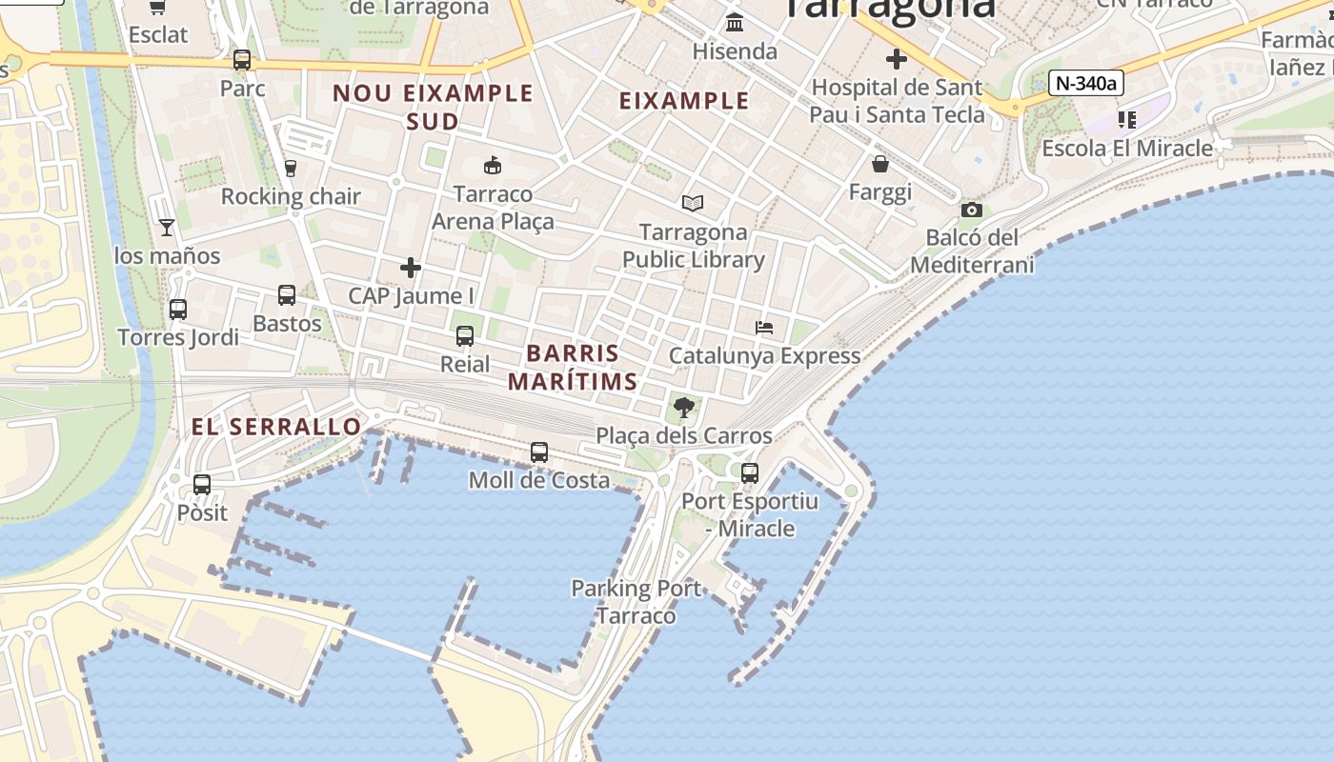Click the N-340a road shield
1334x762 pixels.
(x=1086, y=83)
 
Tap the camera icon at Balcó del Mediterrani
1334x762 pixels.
(x=971, y=210)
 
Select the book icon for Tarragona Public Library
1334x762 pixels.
(x=693, y=203)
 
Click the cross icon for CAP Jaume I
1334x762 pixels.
(x=411, y=268)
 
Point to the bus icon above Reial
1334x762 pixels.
(x=465, y=336)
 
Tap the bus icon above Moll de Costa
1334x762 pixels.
(x=539, y=452)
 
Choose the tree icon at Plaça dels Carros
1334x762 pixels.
(x=683, y=409)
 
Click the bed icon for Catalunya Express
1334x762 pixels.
(x=764, y=328)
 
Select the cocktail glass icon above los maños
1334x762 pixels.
(x=167, y=227)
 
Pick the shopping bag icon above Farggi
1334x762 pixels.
(x=880, y=164)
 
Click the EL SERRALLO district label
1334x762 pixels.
(x=276, y=427)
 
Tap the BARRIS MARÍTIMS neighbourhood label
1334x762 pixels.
(x=573, y=368)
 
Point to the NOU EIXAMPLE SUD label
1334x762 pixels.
(x=433, y=107)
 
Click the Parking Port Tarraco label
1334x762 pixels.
(x=637, y=602)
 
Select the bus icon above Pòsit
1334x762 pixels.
(x=202, y=485)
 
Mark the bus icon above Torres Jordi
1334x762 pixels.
(x=178, y=310)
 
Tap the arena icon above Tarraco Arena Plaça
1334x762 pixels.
(x=493, y=166)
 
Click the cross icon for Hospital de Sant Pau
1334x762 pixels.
(x=896, y=59)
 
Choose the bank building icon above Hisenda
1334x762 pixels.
(x=735, y=22)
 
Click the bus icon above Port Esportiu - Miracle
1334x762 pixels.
(x=750, y=472)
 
